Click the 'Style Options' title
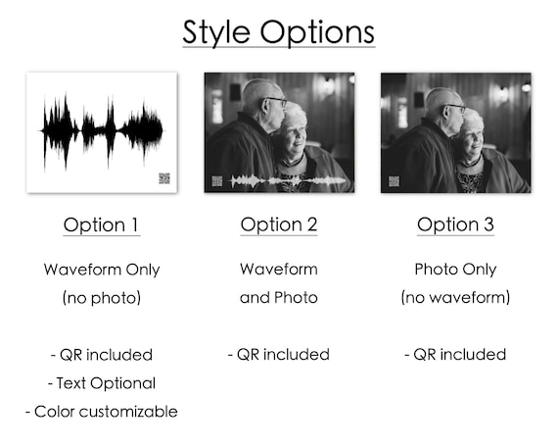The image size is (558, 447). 278,31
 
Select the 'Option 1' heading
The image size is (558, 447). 102,224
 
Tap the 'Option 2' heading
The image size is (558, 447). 279,224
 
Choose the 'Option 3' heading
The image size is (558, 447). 455,224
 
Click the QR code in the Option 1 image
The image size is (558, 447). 163,178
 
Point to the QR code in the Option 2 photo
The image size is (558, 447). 216,180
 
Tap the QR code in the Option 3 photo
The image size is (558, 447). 394,180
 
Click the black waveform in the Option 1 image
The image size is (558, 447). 102,128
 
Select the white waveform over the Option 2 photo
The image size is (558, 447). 284,181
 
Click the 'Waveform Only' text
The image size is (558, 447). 102,270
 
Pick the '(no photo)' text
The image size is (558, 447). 102,297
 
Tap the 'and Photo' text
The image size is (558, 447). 279,297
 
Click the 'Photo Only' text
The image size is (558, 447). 455,270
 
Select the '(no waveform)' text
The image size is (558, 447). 455,297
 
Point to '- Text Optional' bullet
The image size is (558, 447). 102,383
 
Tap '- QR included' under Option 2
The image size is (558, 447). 279,354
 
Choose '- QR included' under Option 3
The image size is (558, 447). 455,354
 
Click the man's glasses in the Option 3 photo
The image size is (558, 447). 454,105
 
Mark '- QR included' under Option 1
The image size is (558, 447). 102,354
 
